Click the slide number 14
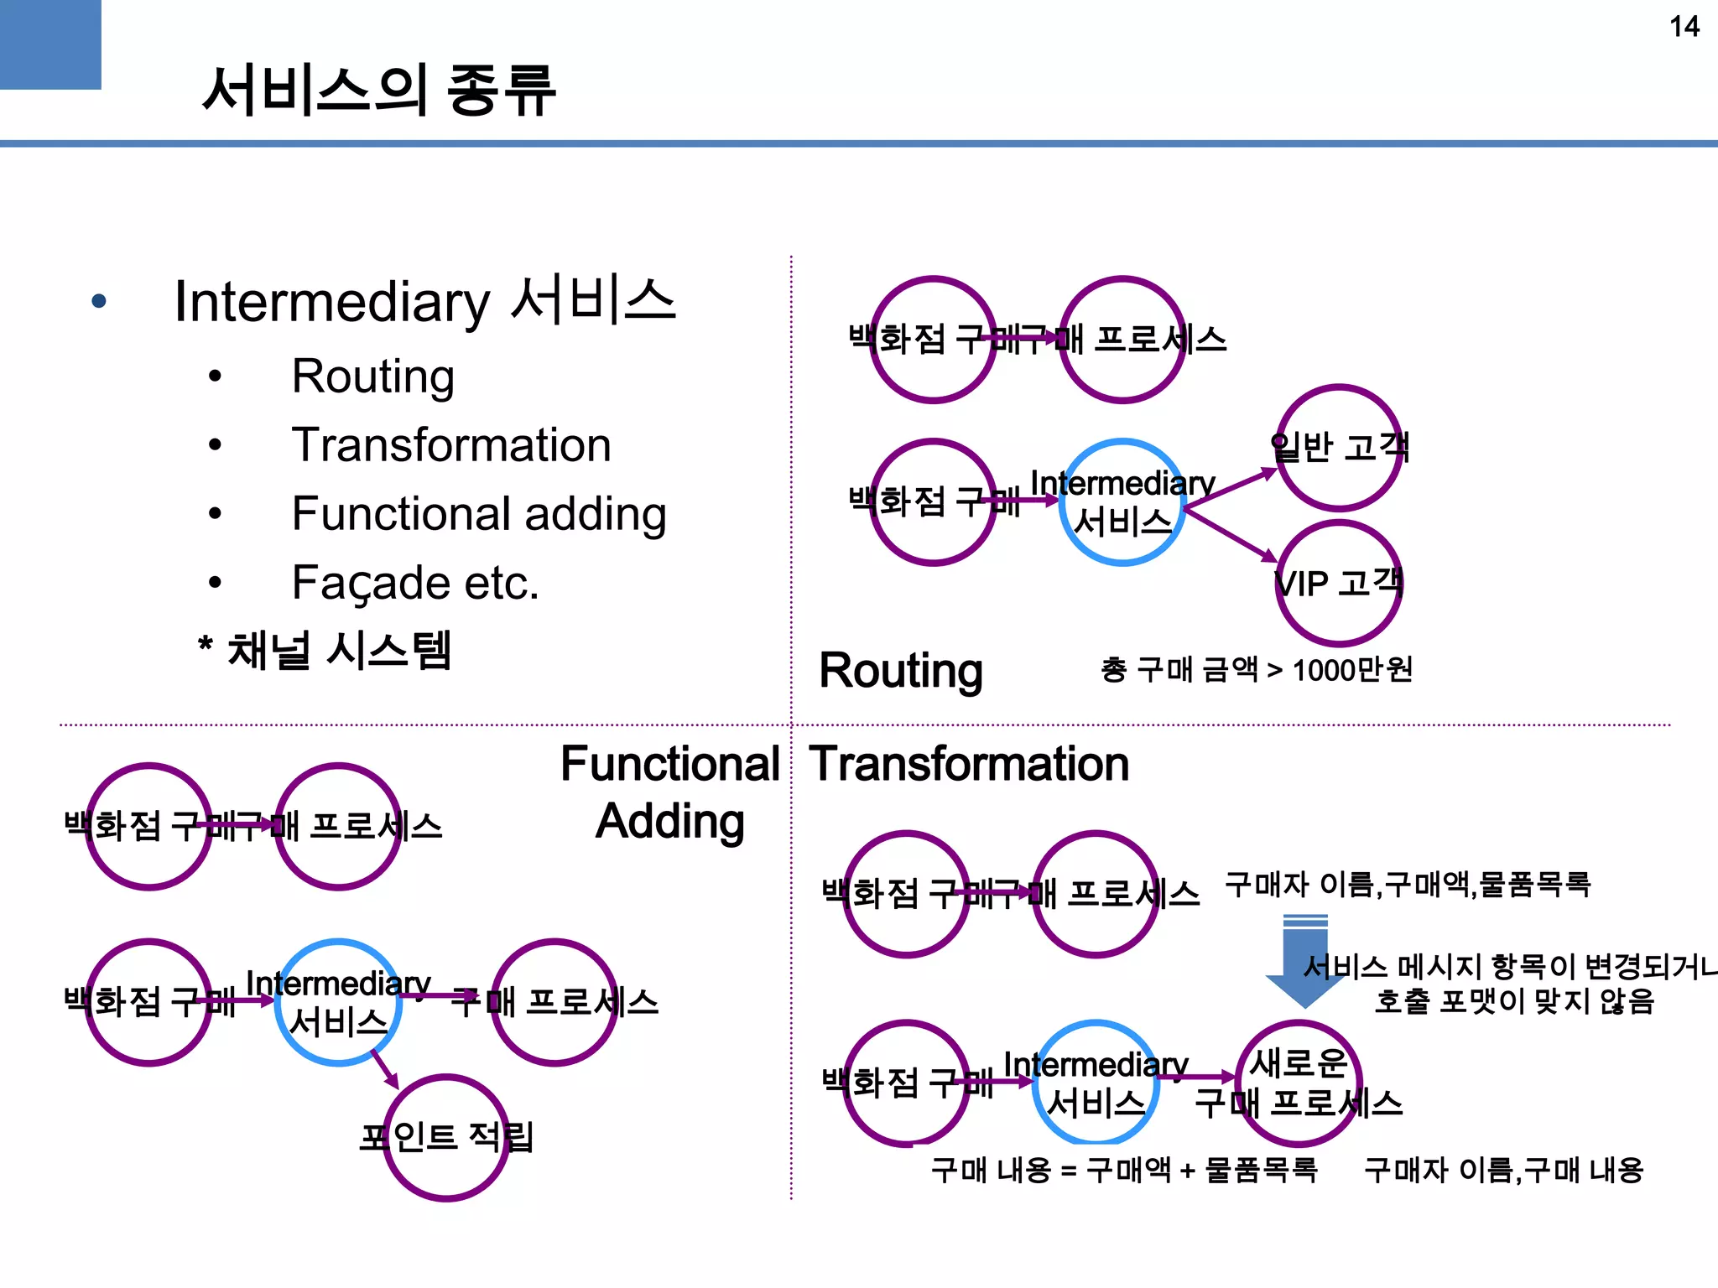[1684, 27]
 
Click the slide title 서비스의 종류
[378, 90]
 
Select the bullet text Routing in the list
[372, 376]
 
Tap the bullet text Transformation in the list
[450, 444]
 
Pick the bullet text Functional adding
[478, 513]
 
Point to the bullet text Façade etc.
[414, 582]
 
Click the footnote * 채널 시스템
[325, 651]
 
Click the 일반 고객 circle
[1339, 448]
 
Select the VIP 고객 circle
[1339, 583]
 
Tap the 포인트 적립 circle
[446, 1138]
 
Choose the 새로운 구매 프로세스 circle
[1299, 1083]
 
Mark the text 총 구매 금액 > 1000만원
[1256, 670]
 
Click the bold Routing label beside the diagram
[900, 671]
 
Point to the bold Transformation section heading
[969, 764]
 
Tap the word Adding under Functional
[669, 822]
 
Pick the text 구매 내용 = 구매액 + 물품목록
[1124, 1170]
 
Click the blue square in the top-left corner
[50, 44]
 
